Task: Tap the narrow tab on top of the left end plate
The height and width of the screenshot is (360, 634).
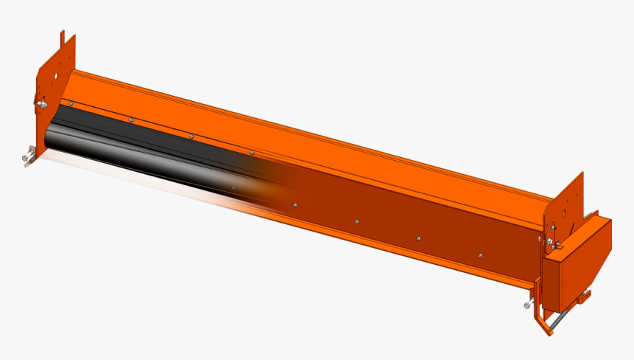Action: coord(63,38)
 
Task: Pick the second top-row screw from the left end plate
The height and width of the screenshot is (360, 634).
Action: coord(130,119)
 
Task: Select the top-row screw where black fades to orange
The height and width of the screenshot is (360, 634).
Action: coord(251,152)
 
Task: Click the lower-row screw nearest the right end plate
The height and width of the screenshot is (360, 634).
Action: coord(480,255)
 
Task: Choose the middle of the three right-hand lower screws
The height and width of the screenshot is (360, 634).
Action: coord(418,238)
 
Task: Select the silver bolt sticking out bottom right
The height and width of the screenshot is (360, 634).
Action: coord(528,304)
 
